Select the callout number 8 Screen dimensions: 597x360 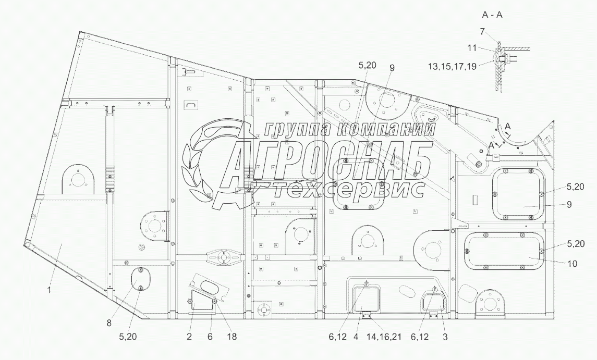click(109, 323)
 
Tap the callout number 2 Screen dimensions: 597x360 click(189, 337)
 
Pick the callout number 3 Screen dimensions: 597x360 click(445, 337)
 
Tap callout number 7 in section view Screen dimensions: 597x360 click(483, 32)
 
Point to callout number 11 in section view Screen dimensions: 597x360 click(471, 48)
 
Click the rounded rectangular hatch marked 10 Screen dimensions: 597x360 click(502, 252)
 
